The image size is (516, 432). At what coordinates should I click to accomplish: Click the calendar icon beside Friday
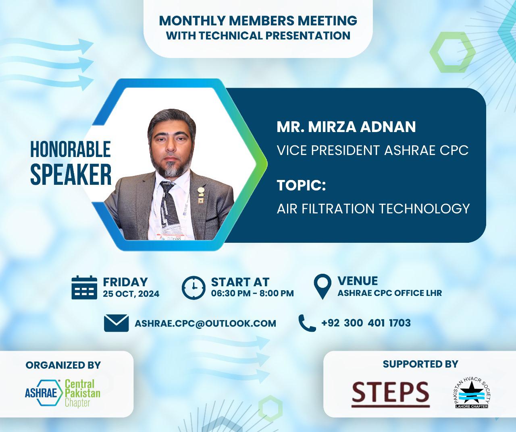click(x=84, y=287)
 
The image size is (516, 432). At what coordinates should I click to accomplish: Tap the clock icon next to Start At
click(x=193, y=288)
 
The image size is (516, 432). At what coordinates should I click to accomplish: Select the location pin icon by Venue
click(x=322, y=286)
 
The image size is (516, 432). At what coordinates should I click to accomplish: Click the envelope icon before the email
click(x=116, y=323)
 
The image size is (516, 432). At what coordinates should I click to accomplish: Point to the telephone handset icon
click(x=307, y=323)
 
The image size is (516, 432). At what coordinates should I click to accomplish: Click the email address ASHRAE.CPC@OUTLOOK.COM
click(x=205, y=323)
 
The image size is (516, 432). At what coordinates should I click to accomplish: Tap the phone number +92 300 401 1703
click(x=366, y=323)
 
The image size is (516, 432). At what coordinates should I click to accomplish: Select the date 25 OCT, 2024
click(x=131, y=294)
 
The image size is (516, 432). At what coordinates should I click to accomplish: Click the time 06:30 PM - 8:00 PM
click(x=252, y=293)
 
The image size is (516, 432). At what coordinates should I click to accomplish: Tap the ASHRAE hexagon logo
click(x=44, y=393)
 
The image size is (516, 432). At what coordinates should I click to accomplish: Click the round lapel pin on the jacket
click(x=201, y=190)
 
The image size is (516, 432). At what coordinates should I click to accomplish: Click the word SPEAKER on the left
click(x=71, y=174)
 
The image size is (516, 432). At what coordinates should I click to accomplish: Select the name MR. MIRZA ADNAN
click(x=346, y=127)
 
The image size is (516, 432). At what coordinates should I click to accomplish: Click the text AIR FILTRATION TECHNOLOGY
click(x=373, y=209)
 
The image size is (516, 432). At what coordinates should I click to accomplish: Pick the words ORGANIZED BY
click(x=63, y=365)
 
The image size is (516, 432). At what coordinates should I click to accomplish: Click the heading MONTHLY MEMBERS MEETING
click(x=258, y=21)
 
